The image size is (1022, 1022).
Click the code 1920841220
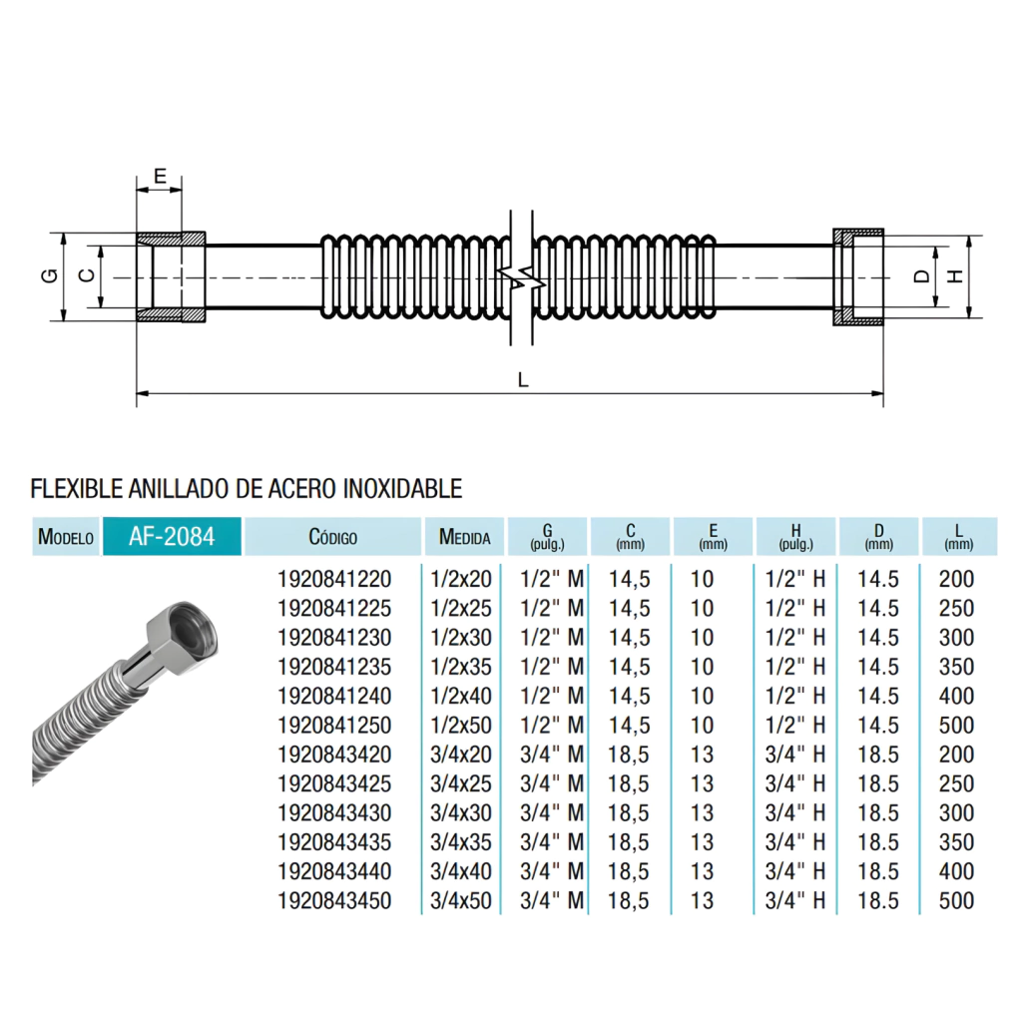334,579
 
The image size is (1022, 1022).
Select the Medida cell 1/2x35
461,667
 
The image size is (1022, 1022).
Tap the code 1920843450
334,901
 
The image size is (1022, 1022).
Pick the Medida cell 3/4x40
461,871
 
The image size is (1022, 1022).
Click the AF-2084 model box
172,536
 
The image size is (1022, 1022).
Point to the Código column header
333,537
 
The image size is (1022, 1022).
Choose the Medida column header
464,537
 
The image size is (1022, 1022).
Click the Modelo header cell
66,537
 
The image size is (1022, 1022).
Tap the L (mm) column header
959,537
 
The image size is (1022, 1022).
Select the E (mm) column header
713,537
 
